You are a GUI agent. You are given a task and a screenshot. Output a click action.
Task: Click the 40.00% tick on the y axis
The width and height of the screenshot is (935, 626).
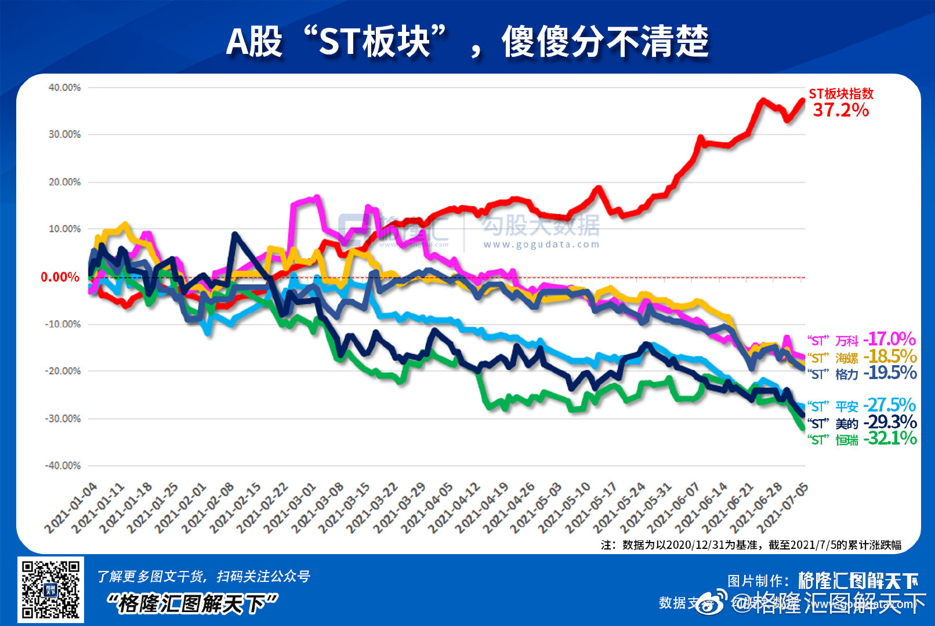click(64, 88)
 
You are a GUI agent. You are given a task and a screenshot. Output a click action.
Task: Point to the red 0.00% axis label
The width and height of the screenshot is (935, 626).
click(60, 277)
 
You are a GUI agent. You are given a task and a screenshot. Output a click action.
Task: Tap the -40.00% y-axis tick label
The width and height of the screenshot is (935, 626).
click(63, 465)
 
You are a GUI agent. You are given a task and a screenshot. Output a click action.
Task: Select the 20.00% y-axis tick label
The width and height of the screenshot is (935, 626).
click(64, 182)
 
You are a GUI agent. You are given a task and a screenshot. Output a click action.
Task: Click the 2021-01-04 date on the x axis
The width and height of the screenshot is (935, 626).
click(71, 508)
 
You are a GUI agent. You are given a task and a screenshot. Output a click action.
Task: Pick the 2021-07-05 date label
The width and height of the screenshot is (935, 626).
click(782, 508)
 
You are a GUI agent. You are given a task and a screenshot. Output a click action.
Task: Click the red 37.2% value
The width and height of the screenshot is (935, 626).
click(840, 110)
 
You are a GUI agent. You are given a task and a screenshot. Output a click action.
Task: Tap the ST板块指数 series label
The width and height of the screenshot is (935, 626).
click(840, 93)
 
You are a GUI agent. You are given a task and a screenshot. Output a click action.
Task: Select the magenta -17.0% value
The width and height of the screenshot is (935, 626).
click(889, 339)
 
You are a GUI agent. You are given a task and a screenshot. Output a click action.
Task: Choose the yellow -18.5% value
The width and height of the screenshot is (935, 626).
click(890, 356)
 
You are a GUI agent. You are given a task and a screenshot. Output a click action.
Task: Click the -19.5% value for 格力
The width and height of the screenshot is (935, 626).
click(890, 373)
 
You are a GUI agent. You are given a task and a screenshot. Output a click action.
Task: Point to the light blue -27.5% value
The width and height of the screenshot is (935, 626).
click(889, 405)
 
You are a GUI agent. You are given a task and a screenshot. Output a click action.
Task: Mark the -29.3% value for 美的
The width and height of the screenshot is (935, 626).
click(890, 422)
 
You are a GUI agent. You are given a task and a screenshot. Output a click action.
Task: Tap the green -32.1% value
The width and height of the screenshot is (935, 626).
click(890, 438)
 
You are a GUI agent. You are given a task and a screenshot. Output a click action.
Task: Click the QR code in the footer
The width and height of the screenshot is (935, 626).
click(50, 589)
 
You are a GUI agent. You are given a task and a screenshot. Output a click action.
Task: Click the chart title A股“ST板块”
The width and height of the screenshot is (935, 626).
click(467, 42)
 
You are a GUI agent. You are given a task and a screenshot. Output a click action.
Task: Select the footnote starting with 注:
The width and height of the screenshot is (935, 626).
click(751, 545)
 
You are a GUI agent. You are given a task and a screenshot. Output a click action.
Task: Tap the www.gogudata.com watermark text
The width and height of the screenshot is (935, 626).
click(541, 245)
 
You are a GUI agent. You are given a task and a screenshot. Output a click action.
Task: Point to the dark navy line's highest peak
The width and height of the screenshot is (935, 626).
click(234, 234)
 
